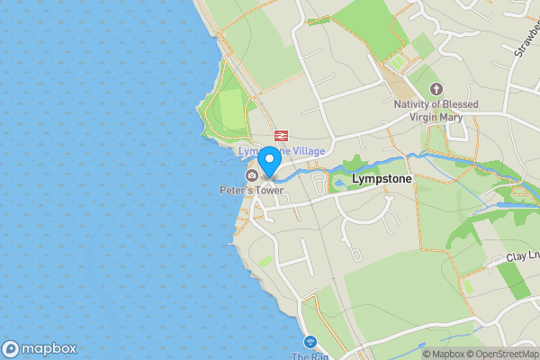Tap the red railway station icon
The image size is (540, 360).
click(281, 135)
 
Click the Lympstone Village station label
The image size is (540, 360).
click(281, 151)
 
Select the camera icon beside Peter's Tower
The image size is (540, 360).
click(251, 175)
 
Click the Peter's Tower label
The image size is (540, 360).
click(251, 190)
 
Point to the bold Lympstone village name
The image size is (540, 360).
click(382, 179)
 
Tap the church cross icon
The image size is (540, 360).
click(436, 88)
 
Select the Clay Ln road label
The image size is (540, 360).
click(521, 256)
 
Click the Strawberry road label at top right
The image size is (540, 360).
click(526, 36)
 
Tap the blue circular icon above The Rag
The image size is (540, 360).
click(310, 342)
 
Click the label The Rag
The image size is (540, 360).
click(304, 356)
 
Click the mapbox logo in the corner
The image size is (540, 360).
click(40, 348)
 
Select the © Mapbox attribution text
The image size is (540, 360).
click(444, 354)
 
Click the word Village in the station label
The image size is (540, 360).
click(308, 151)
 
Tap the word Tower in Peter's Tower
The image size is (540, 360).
click(268, 190)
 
